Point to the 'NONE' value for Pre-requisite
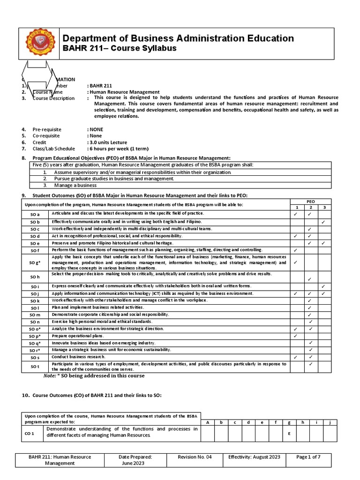coord(96,129)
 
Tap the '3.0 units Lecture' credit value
coord(107,142)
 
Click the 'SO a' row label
coord(35,214)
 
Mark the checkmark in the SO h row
coord(310,279)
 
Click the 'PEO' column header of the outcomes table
coord(310,201)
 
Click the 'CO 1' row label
coord(30,434)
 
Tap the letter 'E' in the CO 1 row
coord(289,434)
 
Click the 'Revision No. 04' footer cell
coord(195,457)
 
